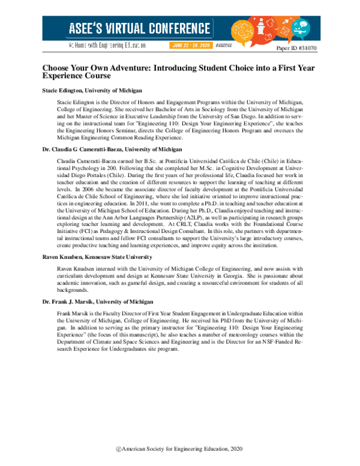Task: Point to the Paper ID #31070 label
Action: pyautogui.click(x=299, y=47)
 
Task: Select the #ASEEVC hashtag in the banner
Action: pyautogui.click(x=223, y=46)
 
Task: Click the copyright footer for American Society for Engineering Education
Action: pyautogui.click(x=181, y=449)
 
